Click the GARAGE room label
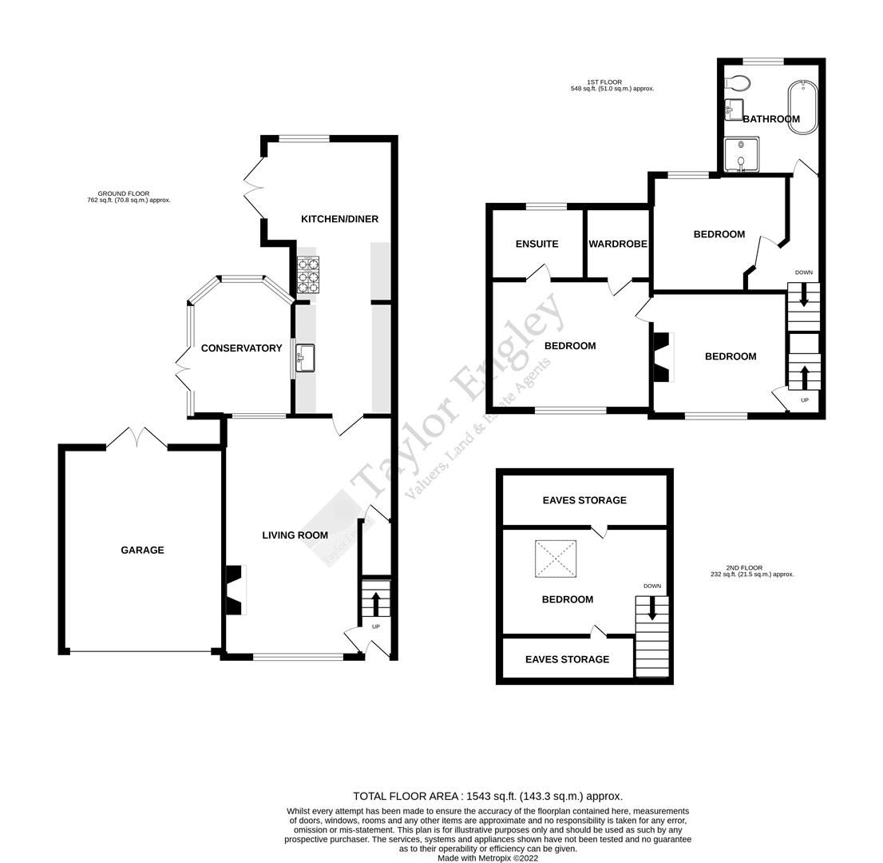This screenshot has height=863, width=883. (x=142, y=550)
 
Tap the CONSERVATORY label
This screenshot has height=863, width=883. (x=241, y=348)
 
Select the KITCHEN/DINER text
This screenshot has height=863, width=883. (x=339, y=219)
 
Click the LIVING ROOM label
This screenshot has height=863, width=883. (x=295, y=535)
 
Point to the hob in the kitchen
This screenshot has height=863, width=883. (x=308, y=275)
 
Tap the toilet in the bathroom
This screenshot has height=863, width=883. (x=738, y=82)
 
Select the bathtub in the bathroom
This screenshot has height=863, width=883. (x=802, y=107)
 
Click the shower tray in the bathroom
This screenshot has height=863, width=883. (x=742, y=155)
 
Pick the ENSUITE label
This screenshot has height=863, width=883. (x=537, y=244)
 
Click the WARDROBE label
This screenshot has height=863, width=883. (x=617, y=244)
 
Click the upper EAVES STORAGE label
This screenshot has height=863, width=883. (x=584, y=500)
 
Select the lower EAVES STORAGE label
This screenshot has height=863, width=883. (x=567, y=659)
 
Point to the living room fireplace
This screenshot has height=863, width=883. (x=235, y=591)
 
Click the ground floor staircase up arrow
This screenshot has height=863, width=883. (x=375, y=603)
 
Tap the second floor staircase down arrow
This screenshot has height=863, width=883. (x=652, y=609)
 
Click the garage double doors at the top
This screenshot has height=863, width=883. (x=137, y=437)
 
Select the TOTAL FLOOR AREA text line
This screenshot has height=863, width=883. (x=488, y=796)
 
